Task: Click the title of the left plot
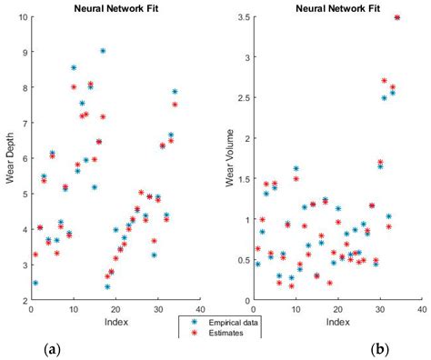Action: tap(114, 8)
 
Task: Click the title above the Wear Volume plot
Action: tap(338, 8)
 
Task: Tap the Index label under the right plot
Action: tap(338, 322)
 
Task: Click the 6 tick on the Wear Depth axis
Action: tap(24, 158)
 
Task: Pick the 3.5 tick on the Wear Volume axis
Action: tap(245, 17)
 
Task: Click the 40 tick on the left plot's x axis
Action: tap(199, 309)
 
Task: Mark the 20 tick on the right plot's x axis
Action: tap(338, 309)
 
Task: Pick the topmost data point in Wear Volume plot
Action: tap(396, 17)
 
